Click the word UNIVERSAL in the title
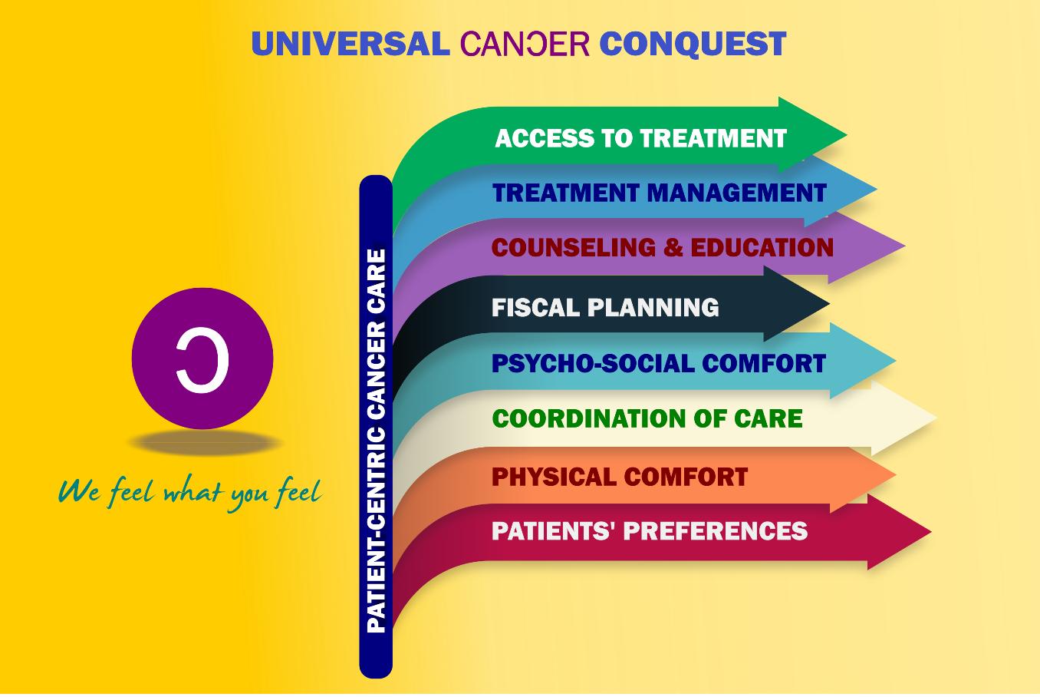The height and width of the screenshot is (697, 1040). coord(350,44)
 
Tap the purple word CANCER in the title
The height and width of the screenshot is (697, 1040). coord(525,44)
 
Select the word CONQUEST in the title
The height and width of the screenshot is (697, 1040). coord(693,45)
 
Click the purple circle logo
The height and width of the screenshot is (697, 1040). coord(202,358)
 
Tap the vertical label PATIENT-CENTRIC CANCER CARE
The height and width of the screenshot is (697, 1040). coord(376,441)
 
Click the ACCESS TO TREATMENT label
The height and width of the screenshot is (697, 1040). coord(640,138)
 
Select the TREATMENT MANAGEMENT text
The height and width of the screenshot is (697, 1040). coord(660,193)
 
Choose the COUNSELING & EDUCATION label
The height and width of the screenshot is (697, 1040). coord(663,247)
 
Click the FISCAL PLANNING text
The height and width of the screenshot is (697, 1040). coord(605,307)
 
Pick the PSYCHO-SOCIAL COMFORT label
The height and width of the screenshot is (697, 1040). coord(659,363)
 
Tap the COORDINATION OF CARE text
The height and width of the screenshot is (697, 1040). coord(647,418)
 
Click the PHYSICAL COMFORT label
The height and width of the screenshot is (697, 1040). coord(620,477)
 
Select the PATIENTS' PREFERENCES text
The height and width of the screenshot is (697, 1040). coord(650,530)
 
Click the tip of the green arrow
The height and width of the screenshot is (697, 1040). coord(847,135)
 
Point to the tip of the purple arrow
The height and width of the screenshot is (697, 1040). coord(904,246)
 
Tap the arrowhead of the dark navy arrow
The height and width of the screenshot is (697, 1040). coord(797,304)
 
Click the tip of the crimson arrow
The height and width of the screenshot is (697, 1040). coord(930,532)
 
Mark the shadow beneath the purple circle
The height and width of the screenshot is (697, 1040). coord(204,442)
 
